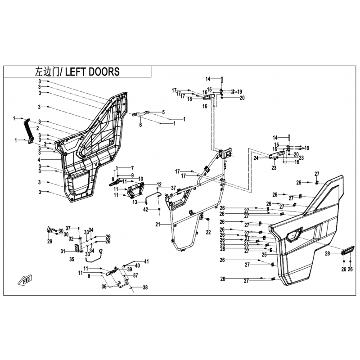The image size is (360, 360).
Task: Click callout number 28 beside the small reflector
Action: click(x=328, y=254)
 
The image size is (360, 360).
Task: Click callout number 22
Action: click(x=208, y=232)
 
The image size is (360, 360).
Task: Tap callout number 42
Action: click(x=146, y=210)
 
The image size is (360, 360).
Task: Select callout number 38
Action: click(x=145, y=287)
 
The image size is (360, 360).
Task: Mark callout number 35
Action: click(x=71, y=260)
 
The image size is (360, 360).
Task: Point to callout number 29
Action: click(x=50, y=242)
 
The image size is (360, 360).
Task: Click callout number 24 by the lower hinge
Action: click(x=255, y=158)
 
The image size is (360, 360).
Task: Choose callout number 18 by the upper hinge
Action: click(x=189, y=99)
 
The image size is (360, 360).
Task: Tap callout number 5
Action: click(x=163, y=112)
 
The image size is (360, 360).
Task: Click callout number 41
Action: click(x=146, y=261)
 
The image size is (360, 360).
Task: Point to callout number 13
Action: click(x=134, y=203)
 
